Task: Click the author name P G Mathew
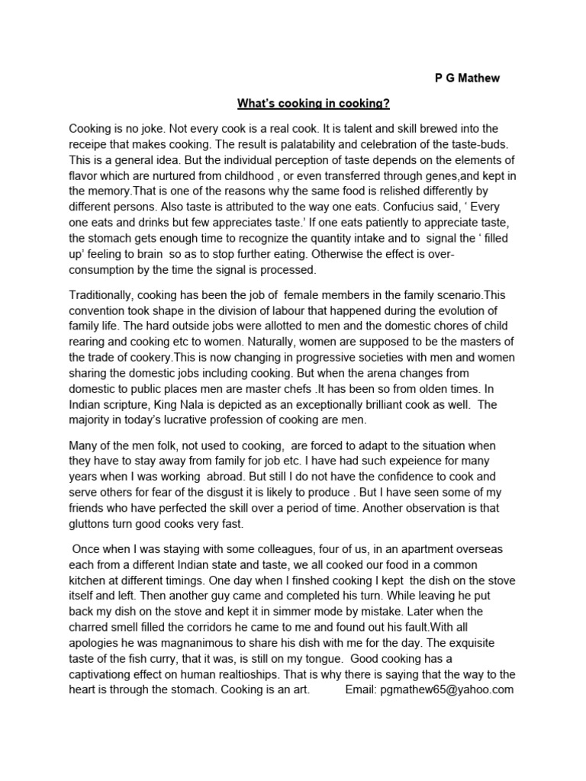(462, 79)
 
